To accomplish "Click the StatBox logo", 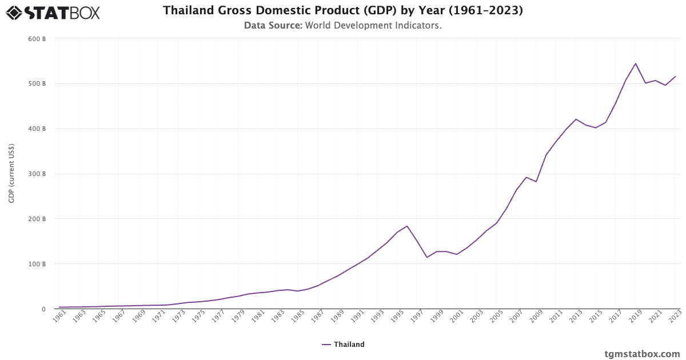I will click(x=53, y=12).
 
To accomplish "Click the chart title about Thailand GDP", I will click(x=343, y=10).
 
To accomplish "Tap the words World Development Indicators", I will click(x=373, y=26).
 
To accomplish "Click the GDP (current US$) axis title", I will click(x=11, y=174).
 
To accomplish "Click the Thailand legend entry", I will click(x=343, y=345).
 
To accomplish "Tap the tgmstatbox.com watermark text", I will click(x=642, y=354).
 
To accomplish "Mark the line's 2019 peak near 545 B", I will click(x=636, y=63).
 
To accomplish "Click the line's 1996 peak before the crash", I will click(x=407, y=226).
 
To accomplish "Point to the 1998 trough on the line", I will click(x=427, y=257).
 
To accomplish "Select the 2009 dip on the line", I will click(x=536, y=182).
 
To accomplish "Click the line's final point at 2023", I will click(x=676, y=77).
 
